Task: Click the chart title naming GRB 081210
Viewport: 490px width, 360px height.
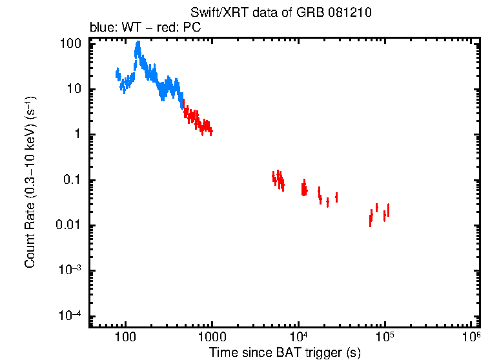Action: point(281,13)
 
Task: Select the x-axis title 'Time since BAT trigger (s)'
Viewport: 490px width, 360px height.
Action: point(284,352)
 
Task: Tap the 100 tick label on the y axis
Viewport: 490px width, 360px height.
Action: point(70,44)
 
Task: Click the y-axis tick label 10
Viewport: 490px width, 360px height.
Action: point(74,89)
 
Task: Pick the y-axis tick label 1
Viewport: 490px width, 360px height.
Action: point(77,135)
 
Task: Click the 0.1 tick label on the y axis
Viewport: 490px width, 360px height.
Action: point(72,180)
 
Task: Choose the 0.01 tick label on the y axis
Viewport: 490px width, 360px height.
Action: point(69,225)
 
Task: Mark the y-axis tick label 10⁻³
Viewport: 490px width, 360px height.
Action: point(70,270)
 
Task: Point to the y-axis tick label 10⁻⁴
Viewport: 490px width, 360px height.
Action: point(70,315)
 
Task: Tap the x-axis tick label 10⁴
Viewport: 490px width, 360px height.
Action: point(298,337)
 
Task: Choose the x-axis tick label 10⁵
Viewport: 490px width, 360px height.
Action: point(385,337)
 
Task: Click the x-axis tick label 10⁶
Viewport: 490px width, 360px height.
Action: point(471,337)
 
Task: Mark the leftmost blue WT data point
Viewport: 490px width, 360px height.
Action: point(116,72)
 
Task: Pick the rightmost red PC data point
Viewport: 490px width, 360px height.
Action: point(388,210)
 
